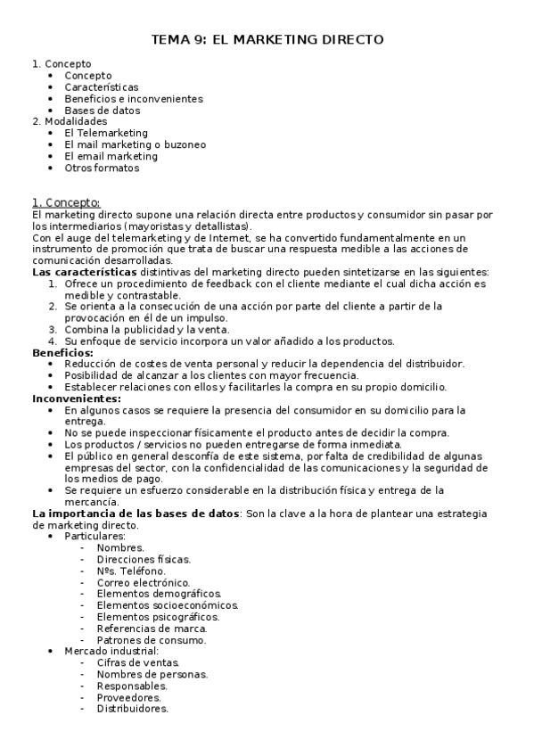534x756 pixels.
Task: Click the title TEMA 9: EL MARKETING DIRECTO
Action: (267, 40)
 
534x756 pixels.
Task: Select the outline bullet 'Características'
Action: (101, 87)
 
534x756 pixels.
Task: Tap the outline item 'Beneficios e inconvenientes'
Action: (134, 99)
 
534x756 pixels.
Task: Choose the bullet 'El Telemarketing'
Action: (106, 133)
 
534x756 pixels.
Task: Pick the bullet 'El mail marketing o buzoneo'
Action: (135, 144)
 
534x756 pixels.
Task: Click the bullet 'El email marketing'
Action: (111, 156)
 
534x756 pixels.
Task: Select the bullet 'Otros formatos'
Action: (102, 168)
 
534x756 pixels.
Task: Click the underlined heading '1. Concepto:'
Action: (65, 202)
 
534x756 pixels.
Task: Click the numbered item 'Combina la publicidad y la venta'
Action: (147, 329)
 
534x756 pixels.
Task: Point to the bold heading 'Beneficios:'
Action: (62, 352)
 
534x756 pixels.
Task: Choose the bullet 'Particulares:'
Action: (95, 537)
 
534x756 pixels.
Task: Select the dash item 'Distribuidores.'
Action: (132, 710)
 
